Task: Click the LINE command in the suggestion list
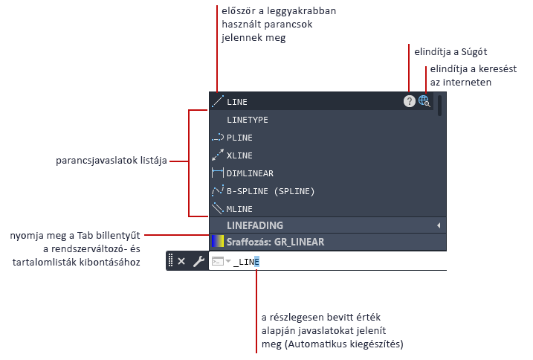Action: (x=237, y=102)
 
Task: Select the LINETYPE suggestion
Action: (x=247, y=120)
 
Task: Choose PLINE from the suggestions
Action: (x=239, y=138)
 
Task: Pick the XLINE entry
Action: (x=239, y=155)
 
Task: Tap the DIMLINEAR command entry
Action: (x=250, y=173)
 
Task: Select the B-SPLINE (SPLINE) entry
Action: (x=271, y=191)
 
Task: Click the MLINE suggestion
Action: (x=239, y=209)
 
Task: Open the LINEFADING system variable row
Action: (x=255, y=225)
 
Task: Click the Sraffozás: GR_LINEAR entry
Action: (x=275, y=242)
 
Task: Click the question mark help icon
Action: (x=410, y=101)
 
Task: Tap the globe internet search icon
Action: (x=424, y=101)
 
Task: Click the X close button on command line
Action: (x=181, y=261)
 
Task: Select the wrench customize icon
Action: (x=198, y=261)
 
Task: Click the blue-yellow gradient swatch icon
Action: (x=218, y=241)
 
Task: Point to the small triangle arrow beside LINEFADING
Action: (x=439, y=225)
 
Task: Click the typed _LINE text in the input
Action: (x=246, y=262)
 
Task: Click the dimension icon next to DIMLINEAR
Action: (x=218, y=173)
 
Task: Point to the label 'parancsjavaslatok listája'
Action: (x=112, y=161)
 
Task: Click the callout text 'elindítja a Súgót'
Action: (x=450, y=52)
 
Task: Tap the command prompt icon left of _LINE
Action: (x=218, y=261)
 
